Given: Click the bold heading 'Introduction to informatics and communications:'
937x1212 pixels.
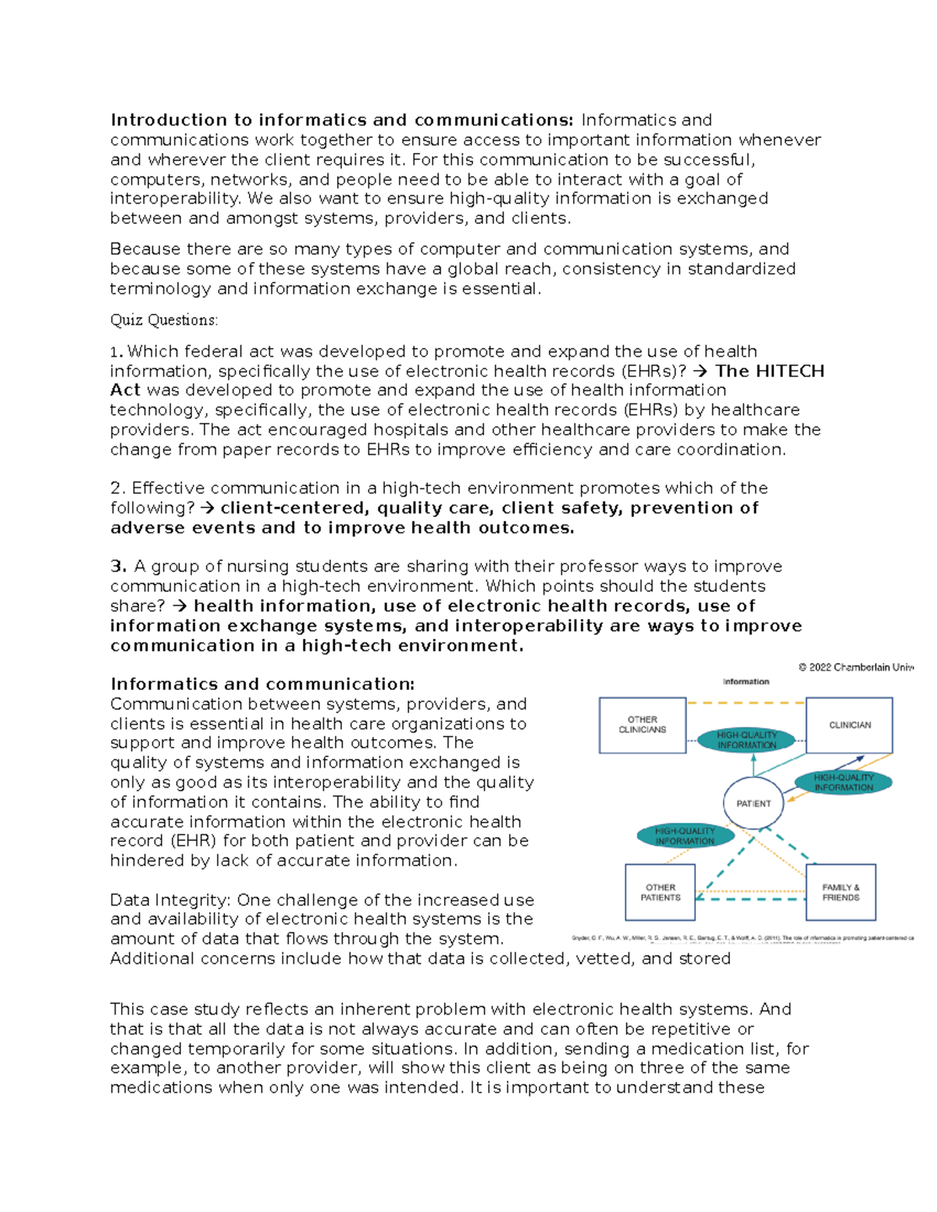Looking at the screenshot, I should tap(341, 120).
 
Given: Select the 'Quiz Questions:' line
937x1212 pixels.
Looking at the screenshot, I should tap(164, 320).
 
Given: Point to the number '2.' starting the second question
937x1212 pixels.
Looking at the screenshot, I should tap(118, 489).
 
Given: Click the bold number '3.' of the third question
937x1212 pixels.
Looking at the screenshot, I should tap(119, 567).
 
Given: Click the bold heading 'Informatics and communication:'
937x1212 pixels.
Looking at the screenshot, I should tap(262, 684).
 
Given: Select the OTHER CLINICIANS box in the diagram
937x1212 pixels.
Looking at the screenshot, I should tap(642, 725).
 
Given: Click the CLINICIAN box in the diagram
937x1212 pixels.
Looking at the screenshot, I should tap(849, 725).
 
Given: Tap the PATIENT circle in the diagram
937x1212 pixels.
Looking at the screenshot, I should tap(753, 803).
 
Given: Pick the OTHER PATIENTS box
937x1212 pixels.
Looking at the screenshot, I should tap(660, 892).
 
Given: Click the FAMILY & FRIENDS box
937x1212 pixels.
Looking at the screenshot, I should tap(840, 892).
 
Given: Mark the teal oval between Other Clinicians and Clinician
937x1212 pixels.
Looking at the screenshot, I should tap(746, 740).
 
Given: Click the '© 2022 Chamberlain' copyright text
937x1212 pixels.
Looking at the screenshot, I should tap(855, 668).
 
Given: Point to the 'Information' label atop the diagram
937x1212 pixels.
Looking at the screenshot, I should tap(746, 681).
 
